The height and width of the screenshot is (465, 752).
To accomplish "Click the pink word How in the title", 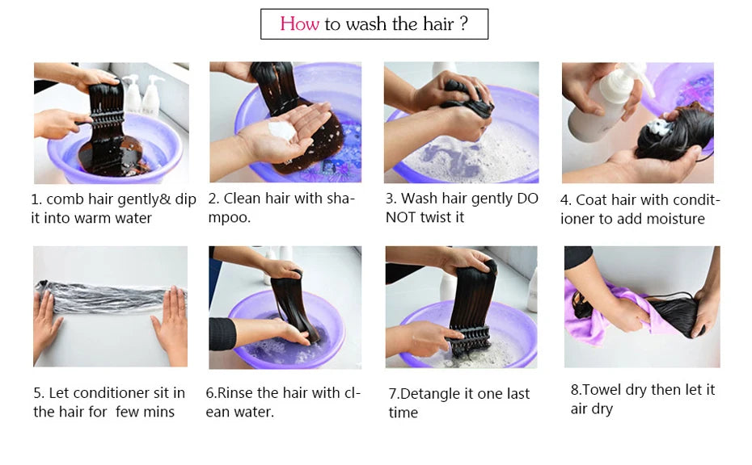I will point(299,24).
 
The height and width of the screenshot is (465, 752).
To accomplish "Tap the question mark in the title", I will point(463,24).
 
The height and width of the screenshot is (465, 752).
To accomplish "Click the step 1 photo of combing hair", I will point(112,123).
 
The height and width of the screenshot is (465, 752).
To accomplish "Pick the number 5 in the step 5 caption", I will point(38,393).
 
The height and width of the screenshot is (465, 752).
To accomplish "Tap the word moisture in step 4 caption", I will point(674,220).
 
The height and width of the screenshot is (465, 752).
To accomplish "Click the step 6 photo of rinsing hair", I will point(285,307).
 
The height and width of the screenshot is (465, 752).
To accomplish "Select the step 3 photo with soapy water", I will point(461,123).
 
